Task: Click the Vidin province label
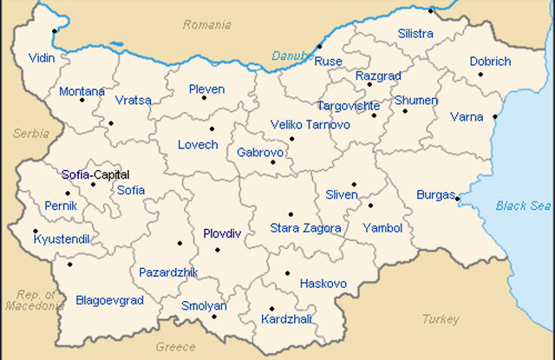(42, 56)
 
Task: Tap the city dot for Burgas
(457, 199)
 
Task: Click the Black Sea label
(523, 206)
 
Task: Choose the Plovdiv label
(222, 234)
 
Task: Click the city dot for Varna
(495, 116)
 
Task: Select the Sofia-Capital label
(95, 174)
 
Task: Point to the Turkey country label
(441, 319)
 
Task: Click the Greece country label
(176, 347)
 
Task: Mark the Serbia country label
(31, 134)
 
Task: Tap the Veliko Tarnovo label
(310, 125)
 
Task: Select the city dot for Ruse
(319, 46)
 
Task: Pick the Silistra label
(415, 34)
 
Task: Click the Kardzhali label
(284, 319)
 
